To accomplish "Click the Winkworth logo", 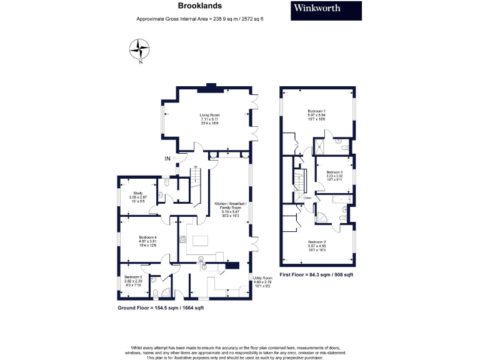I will [326, 11].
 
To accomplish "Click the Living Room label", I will [209, 119].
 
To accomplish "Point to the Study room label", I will [139, 197].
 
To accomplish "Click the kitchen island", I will [202, 241].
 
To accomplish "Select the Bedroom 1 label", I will [317, 114].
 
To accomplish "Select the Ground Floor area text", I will [161, 308].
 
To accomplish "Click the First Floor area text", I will [316, 274].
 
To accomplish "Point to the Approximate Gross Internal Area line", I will [200, 19].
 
